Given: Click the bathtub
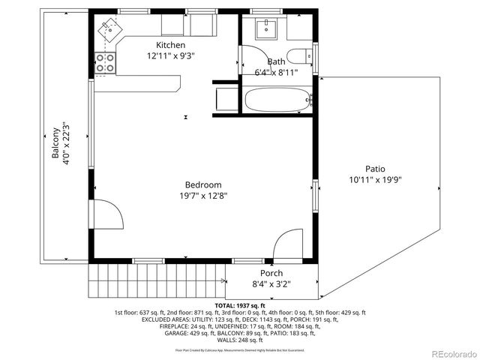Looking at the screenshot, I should click(277, 99).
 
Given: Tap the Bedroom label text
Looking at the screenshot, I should click(203, 184).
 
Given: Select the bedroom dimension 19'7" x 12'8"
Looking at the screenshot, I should click(203, 196).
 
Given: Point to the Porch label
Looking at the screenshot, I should click(271, 273).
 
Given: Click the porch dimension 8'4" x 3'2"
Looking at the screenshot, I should click(271, 284).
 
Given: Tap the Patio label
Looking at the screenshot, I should click(376, 169).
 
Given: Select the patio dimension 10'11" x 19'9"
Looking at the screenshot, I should click(376, 180).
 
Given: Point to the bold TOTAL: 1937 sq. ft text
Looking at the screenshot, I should click(239, 305).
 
